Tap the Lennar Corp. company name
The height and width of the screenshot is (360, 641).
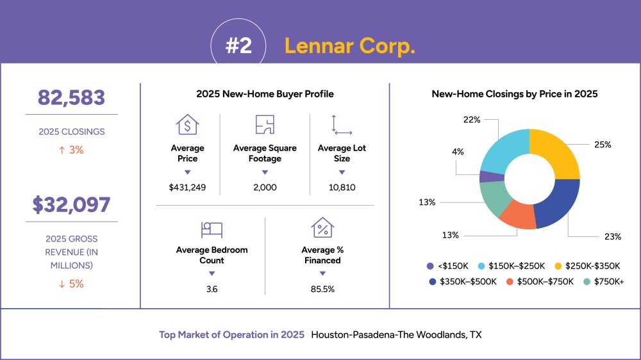[350, 45]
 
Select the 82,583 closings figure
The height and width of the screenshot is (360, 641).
[72, 97]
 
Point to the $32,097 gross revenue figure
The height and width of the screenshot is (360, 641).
[72, 205]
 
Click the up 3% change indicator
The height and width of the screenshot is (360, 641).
[72, 150]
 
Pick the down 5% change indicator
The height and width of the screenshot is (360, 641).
[72, 284]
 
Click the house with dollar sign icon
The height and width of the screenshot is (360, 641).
[187, 125]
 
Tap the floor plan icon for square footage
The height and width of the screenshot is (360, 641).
[265, 125]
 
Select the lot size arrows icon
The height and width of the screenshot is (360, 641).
[342, 125]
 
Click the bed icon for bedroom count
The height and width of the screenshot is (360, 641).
[212, 230]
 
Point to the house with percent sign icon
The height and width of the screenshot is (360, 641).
[322, 227]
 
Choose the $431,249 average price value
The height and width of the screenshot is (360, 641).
[187, 188]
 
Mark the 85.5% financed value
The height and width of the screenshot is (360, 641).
[322, 290]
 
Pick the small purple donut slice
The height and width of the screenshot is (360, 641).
[492, 177]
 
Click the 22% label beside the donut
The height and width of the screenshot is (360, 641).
[472, 120]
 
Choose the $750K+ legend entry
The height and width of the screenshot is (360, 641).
[604, 282]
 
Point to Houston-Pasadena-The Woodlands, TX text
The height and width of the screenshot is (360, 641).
[396, 334]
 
